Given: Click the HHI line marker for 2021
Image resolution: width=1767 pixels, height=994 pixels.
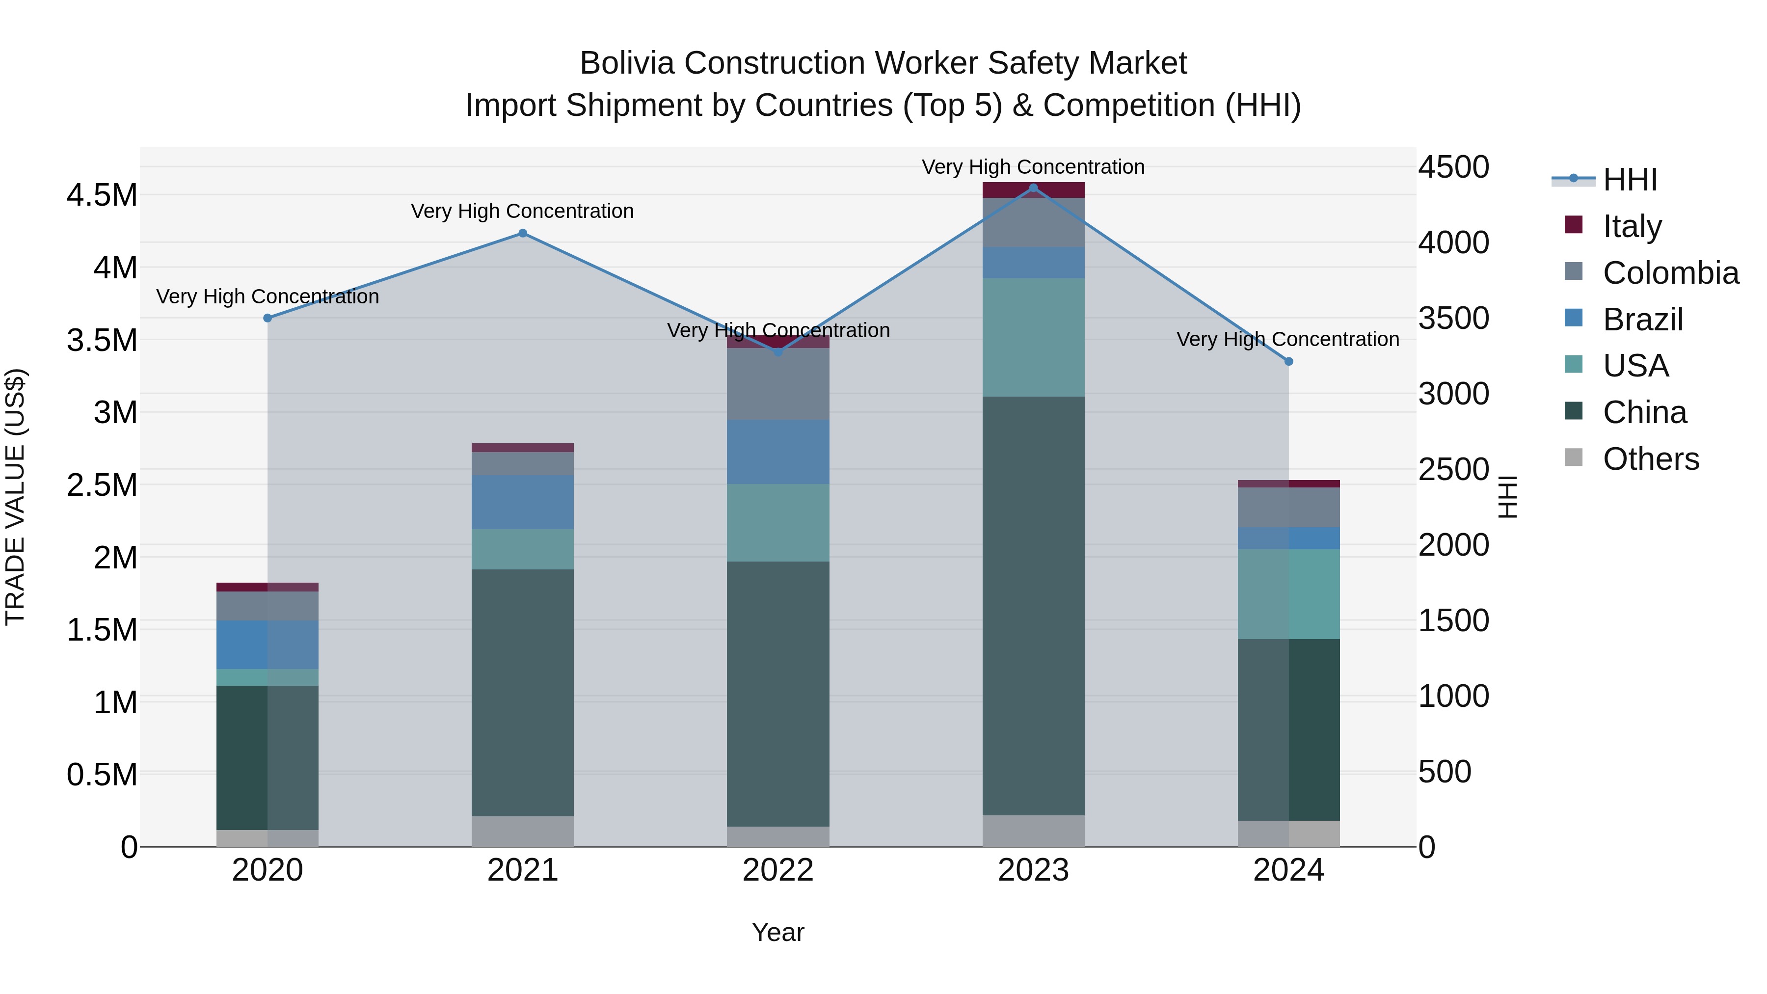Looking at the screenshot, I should coord(523,233).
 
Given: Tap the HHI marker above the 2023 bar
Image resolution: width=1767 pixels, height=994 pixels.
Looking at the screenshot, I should coord(1034,188).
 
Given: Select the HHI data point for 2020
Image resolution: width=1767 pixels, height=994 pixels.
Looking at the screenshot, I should coord(268,318).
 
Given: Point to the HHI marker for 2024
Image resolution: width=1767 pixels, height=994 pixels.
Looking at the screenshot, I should coord(1289,361).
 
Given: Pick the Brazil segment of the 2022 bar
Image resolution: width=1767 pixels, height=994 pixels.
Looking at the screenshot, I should coord(778,452).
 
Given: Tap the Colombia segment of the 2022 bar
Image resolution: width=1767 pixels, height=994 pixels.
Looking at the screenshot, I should coord(778,384).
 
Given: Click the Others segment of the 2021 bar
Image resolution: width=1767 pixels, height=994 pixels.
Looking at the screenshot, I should coord(523,832).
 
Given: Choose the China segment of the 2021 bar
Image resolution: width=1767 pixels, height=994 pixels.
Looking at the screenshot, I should coord(523,693).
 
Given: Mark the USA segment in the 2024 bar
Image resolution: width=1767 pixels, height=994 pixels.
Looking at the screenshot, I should coord(1289,594).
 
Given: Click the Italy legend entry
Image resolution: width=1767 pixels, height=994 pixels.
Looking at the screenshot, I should coord(1632,226).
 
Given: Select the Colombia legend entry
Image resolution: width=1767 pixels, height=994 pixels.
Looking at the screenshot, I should coord(1670,272).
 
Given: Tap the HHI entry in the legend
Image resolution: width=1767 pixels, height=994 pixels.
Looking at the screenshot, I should coord(1630,180).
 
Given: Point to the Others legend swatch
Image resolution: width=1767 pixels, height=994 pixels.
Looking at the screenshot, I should coord(1574,457).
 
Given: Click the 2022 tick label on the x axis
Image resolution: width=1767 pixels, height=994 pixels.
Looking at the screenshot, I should coord(778,870).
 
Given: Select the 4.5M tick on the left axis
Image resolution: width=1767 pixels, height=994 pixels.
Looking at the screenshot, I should coord(102,195).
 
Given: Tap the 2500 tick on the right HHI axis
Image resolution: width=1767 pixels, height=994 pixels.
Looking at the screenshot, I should coord(1453,470).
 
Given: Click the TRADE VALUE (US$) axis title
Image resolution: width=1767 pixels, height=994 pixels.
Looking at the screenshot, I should coord(15,497).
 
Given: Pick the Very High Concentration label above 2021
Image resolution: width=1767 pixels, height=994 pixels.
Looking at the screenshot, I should coord(523,211).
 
